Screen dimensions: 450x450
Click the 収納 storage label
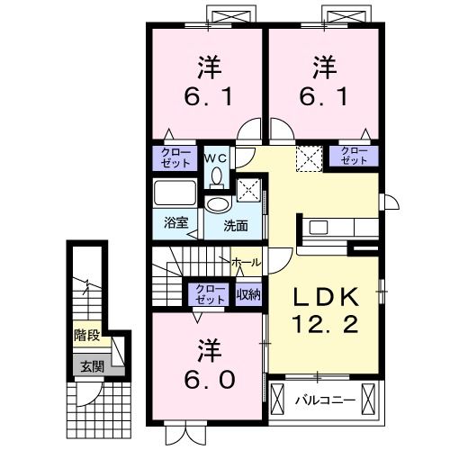coord(248,292)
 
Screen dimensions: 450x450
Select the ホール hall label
coord(246,262)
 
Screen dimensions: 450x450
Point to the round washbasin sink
coord(217,204)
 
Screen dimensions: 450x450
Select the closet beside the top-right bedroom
coord(355,156)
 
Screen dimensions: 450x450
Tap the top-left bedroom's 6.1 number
coord(206,94)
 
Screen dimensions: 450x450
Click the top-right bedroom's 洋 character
coord(323,66)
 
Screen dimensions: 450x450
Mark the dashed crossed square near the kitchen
coord(309,158)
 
